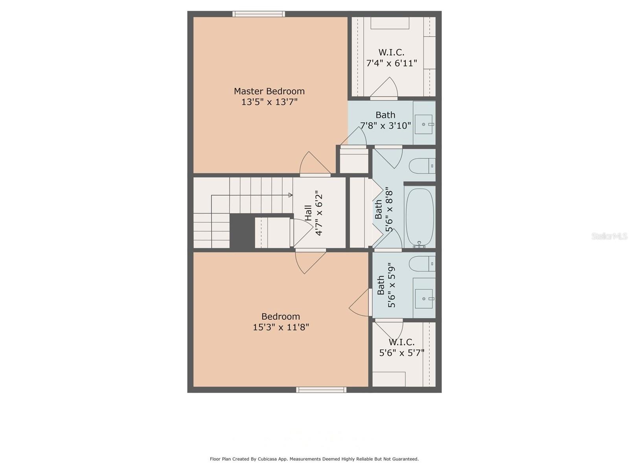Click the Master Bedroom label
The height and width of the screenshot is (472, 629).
coord(269,91)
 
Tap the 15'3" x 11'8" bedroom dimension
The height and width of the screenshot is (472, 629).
coord(281,327)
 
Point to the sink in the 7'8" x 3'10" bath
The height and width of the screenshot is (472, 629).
coord(423,124)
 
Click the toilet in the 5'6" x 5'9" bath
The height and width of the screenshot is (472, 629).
coord(422,264)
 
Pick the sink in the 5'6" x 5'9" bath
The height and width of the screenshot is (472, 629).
coord(424,299)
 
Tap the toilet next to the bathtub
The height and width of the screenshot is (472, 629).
coord(422,166)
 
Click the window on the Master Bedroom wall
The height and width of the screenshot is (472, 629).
coord(258,14)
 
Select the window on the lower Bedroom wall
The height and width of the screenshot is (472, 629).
coord(321,390)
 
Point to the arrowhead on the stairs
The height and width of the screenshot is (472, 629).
coord(291,195)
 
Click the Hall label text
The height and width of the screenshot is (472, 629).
coord(308,213)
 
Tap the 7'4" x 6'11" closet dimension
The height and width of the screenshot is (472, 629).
coord(392,63)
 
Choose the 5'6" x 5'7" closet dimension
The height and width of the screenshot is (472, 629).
coord(401,352)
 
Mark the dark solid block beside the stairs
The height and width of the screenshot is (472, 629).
coord(243,231)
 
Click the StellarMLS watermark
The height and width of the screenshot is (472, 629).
coord(609,236)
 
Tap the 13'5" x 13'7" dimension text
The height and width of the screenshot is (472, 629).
coord(269,102)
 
